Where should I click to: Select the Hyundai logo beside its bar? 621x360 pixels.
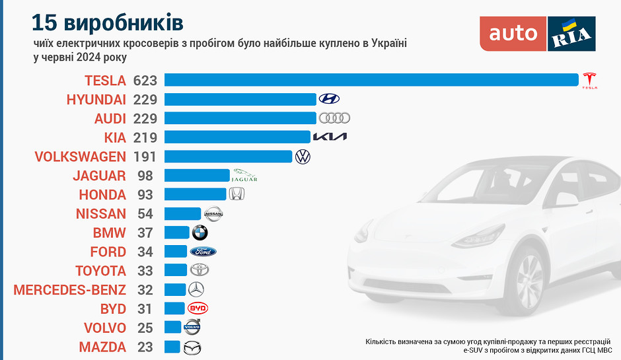click(329, 99)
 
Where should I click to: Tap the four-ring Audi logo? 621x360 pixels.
click(334, 118)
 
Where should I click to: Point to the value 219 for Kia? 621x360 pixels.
click(145, 137)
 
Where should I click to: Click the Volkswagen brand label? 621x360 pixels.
click(79, 157)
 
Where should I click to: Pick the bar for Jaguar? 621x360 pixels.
click(197, 176)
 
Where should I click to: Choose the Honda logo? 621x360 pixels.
click(237, 194)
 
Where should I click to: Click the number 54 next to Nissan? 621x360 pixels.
click(145, 213)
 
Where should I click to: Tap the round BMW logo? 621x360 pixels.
click(200, 233)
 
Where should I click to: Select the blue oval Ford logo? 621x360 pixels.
click(203, 252)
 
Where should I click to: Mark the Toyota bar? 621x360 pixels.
click(176, 270)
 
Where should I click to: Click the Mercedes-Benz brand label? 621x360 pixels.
click(69, 289)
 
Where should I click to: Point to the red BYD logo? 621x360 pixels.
click(198, 308)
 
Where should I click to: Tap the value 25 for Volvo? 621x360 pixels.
click(145, 328)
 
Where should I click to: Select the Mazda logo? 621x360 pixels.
click(192, 347)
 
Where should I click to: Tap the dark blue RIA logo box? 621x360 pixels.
click(571, 33)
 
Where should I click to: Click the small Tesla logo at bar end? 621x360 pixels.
click(589, 80)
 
